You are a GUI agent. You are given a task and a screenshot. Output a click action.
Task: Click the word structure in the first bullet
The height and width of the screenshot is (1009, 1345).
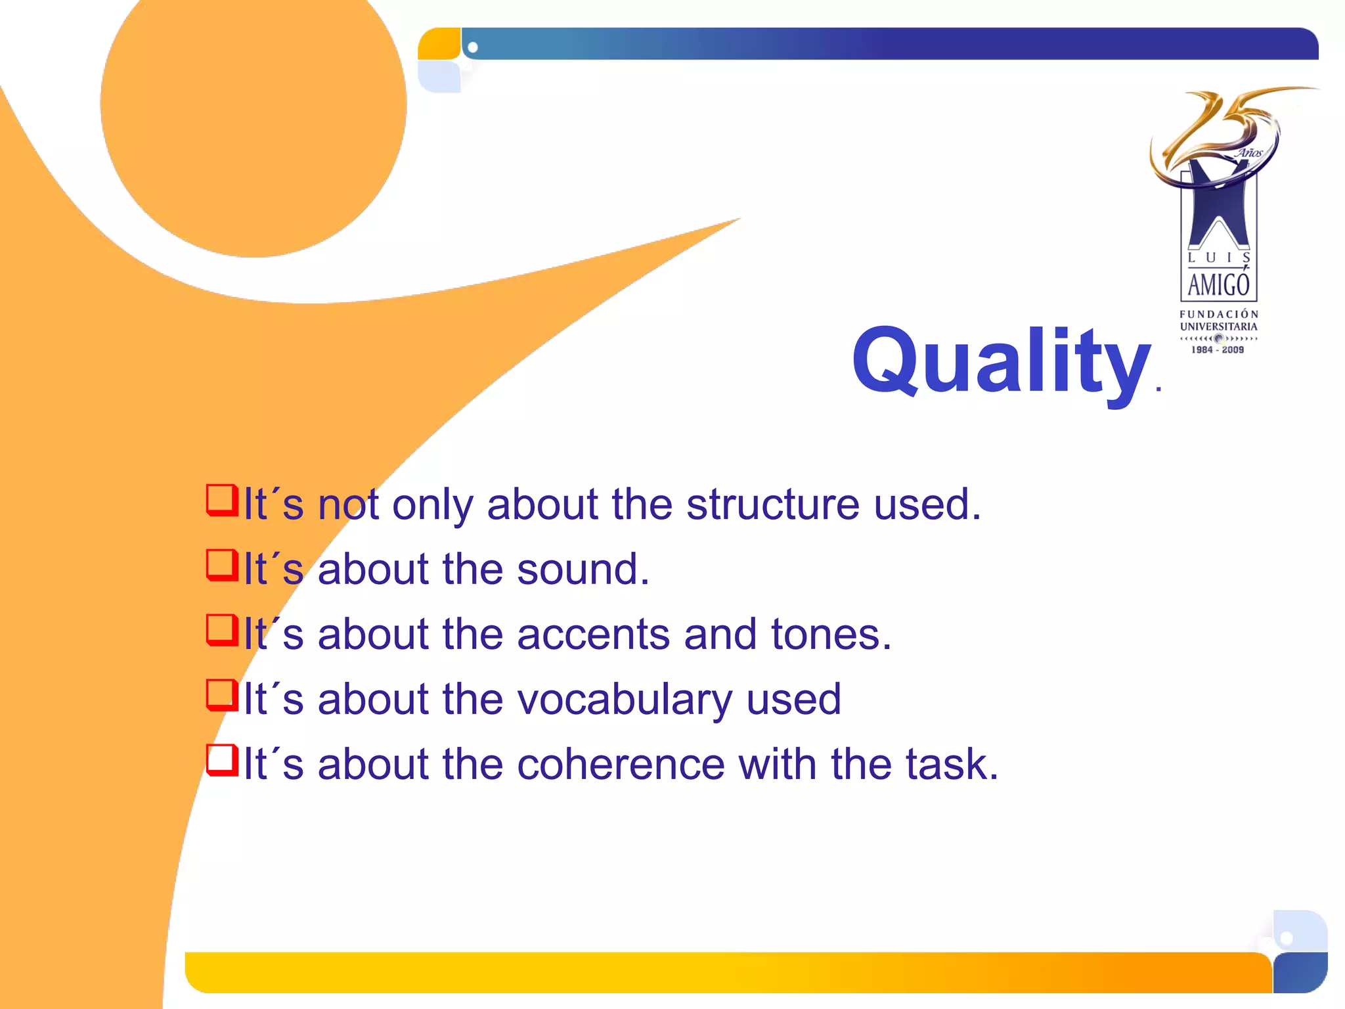coord(772,504)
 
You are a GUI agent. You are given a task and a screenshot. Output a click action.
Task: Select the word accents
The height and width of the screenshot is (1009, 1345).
coord(594,635)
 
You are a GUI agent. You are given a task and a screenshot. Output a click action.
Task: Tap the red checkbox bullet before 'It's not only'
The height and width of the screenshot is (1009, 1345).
coord(221,501)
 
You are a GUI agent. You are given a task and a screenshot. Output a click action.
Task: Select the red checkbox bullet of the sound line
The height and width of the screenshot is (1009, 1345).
coord(221,565)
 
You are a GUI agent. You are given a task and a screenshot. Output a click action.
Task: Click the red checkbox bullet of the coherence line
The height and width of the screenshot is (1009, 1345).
coord(221,760)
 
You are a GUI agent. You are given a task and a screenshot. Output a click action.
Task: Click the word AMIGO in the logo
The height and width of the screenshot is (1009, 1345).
coord(1218,284)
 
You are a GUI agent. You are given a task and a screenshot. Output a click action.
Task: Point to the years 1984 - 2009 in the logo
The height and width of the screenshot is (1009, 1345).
coord(1218,350)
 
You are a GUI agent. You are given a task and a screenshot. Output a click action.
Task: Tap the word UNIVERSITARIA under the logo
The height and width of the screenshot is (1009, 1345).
coord(1218,326)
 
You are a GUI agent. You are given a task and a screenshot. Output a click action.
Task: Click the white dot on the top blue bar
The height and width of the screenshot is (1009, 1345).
coord(472,47)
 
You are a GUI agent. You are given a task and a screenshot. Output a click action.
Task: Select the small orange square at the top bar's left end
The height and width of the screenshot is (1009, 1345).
coord(439,44)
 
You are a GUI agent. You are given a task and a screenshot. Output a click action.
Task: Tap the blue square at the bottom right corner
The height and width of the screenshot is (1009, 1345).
coord(1299,972)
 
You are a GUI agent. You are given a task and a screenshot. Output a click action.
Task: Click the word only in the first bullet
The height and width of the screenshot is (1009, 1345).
coord(432,504)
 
